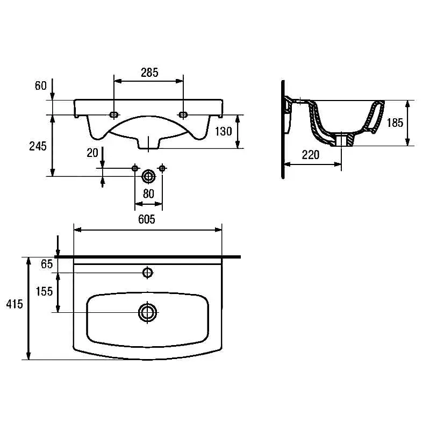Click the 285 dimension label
149,73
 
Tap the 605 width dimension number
147,219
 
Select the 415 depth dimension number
15,304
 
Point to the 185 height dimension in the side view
395,123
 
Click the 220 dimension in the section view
311,155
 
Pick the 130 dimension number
224,131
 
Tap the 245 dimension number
38,146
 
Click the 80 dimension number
148,194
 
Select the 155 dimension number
44,291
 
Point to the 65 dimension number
47,264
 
